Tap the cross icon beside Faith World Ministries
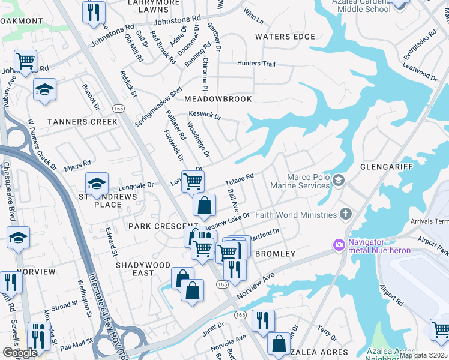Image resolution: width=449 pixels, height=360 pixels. pyautogui.click(x=345, y=214)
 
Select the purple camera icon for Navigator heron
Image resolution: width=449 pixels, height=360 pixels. pyautogui.click(x=339, y=244)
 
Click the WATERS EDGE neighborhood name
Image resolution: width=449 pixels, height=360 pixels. pyautogui.click(x=285, y=37)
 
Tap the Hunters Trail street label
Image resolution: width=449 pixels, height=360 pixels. pyautogui.click(x=256, y=64)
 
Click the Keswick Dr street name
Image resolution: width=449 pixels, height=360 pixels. pyautogui.click(x=205, y=113)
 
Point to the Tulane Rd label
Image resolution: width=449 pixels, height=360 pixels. pyautogui.click(x=240, y=179)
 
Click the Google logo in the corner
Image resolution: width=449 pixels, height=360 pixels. pyautogui.click(x=20, y=353)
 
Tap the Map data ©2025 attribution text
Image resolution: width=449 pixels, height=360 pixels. pyautogui.click(x=423, y=355)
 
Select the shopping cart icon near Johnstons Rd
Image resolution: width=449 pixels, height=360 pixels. pyautogui.click(x=25, y=60)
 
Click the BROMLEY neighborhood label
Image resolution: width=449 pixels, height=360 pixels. pyautogui.click(x=275, y=254)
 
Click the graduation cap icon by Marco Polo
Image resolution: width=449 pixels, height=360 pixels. pyautogui.click(x=339, y=180)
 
